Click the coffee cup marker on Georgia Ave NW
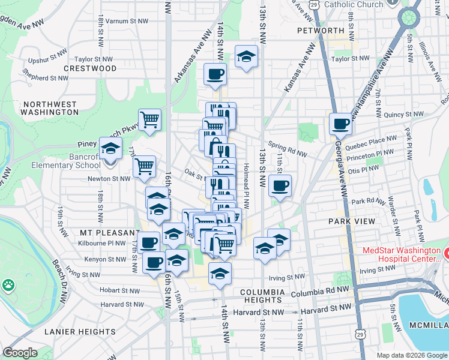click(x=341, y=124)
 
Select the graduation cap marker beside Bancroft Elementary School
click(x=110, y=148)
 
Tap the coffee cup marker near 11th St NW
click(x=280, y=186)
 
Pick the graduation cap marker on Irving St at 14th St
click(x=220, y=274)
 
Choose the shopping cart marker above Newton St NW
click(x=144, y=166)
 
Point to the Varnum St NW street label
click(x=128, y=20)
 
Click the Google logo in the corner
click(x=20, y=353)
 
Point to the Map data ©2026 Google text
click(x=411, y=355)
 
